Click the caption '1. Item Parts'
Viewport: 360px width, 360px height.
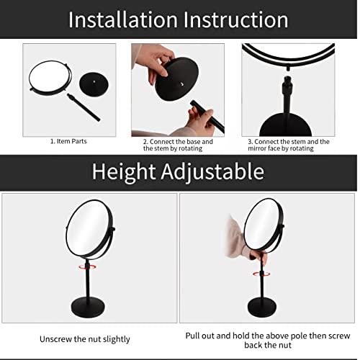[x=68, y=141]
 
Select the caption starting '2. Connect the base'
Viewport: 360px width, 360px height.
[x=177, y=145]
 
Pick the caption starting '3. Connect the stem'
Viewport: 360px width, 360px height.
[x=288, y=145]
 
